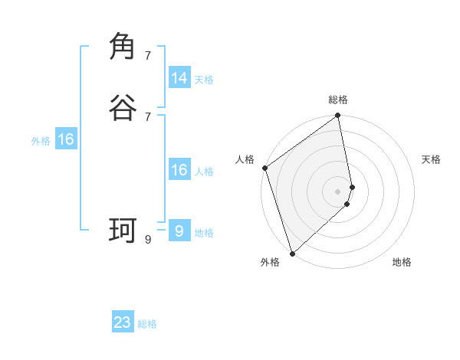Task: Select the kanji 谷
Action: tap(123, 108)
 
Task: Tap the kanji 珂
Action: tap(123, 230)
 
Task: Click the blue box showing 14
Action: tap(179, 78)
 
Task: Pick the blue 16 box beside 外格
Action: tap(66, 139)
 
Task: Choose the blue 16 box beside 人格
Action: tap(179, 170)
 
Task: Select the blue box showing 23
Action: tap(123, 322)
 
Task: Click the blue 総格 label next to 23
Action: tap(147, 324)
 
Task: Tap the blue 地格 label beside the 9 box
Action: tap(204, 233)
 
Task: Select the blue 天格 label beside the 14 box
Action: tap(204, 80)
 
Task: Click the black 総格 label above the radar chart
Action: tap(338, 100)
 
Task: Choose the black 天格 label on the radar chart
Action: tap(431, 159)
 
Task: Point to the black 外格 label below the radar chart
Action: tap(270, 263)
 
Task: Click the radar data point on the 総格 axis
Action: tap(338, 116)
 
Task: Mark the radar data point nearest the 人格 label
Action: tap(264, 168)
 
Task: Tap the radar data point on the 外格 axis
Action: tap(292, 254)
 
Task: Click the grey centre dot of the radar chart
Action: tap(338, 191)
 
